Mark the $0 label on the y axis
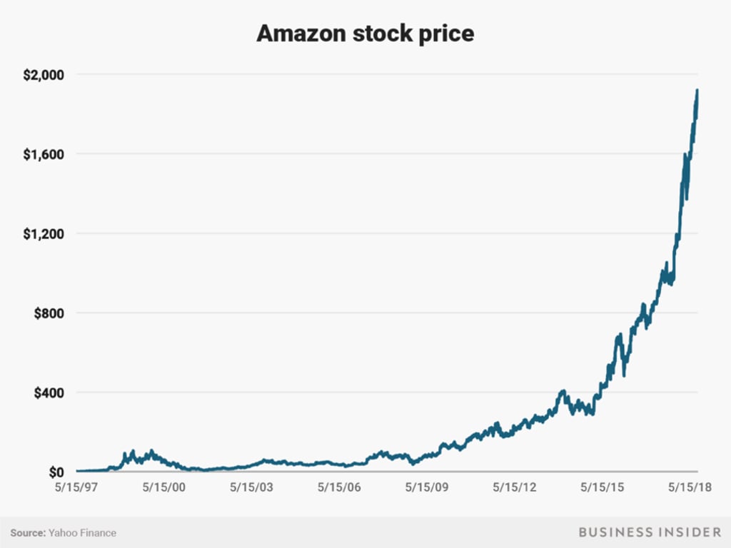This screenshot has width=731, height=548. click(x=56, y=472)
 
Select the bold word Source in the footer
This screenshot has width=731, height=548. click(x=27, y=532)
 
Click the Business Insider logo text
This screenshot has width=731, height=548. click(x=650, y=532)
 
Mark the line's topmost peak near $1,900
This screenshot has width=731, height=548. click(x=697, y=91)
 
